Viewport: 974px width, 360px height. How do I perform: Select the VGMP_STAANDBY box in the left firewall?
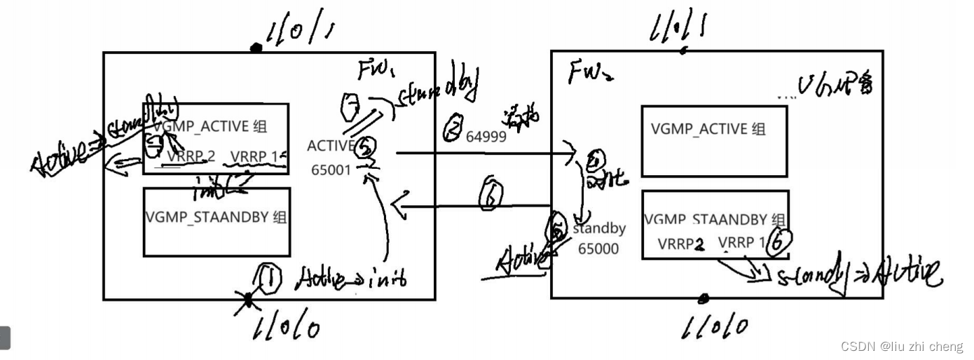tap(217, 221)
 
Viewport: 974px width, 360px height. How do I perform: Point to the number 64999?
tap(486, 137)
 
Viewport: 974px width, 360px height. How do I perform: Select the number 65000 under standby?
tap(598, 249)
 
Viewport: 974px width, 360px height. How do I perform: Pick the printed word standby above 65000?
tap(599, 229)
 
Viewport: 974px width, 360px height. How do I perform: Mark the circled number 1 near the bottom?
tap(268, 279)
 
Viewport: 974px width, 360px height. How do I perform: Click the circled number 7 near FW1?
tap(350, 106)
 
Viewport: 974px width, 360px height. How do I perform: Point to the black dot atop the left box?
tap(256, 48)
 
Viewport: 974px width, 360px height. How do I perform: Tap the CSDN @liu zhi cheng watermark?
tap(902, 346)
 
